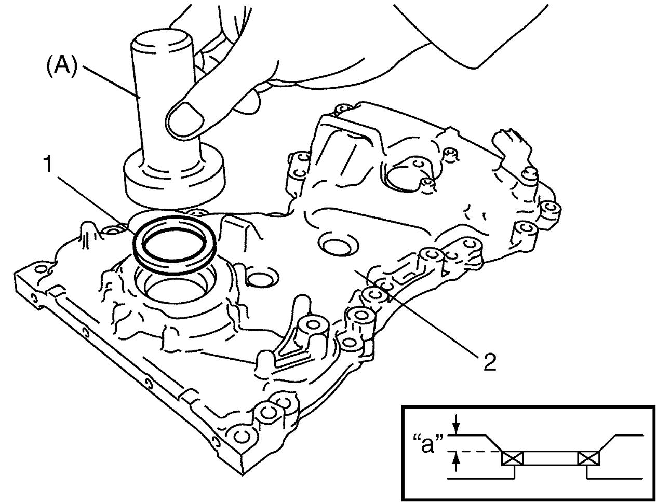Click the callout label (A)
point(61,67)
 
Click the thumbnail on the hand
point(185,119)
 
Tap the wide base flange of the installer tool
point(175,178)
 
